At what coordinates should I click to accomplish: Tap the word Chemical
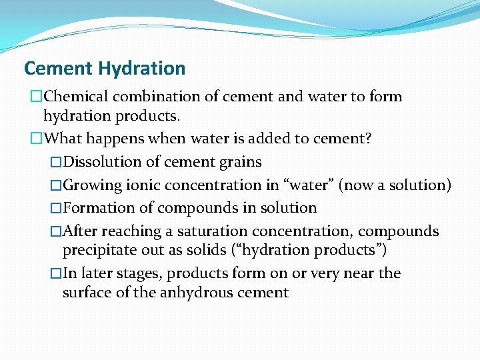(81, 97)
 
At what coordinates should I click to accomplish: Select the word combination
(159, 97)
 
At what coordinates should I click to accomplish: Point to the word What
(63, 139)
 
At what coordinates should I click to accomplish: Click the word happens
(115, 139)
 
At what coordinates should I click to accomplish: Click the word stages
(137, 273)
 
